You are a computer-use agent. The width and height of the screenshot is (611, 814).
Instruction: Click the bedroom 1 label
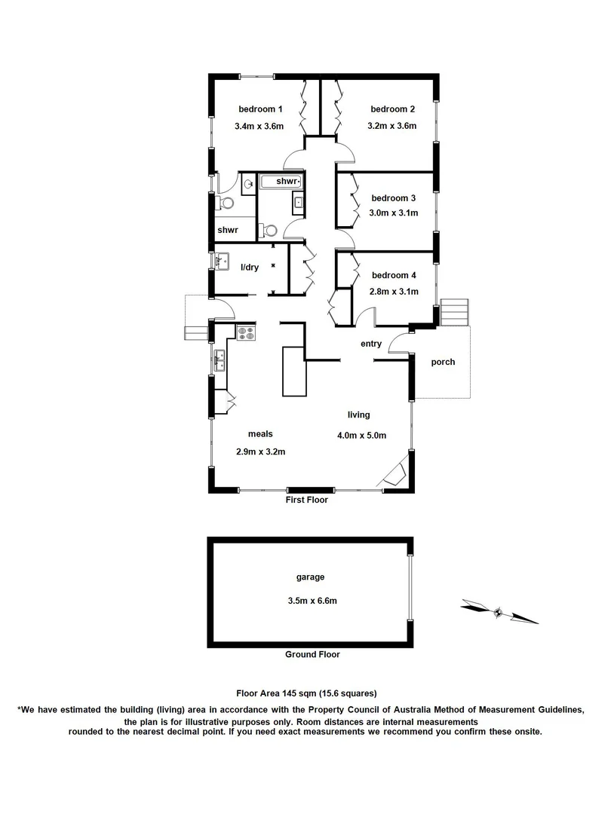255,109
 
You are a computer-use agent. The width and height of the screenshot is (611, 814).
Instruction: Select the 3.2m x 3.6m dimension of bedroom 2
392,127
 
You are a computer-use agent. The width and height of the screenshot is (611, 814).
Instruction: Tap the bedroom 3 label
394,198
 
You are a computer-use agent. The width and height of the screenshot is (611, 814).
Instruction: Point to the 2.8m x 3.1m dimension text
394,292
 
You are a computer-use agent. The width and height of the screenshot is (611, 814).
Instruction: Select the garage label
310,577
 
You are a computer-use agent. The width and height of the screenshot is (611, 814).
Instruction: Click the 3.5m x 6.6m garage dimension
312,601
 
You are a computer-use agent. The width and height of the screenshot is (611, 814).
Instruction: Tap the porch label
443,362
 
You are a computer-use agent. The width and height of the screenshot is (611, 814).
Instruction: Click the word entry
371,344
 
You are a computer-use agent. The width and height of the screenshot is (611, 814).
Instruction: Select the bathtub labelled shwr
281,182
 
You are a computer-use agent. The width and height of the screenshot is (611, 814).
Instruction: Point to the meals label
259,434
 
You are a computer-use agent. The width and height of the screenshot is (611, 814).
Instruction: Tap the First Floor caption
306,500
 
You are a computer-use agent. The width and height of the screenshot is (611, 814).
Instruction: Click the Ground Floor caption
312,654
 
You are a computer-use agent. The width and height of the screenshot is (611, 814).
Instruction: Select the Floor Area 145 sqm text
306,693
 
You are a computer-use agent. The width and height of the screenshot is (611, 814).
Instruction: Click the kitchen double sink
220,360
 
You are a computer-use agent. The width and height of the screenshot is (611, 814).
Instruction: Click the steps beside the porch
454,312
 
